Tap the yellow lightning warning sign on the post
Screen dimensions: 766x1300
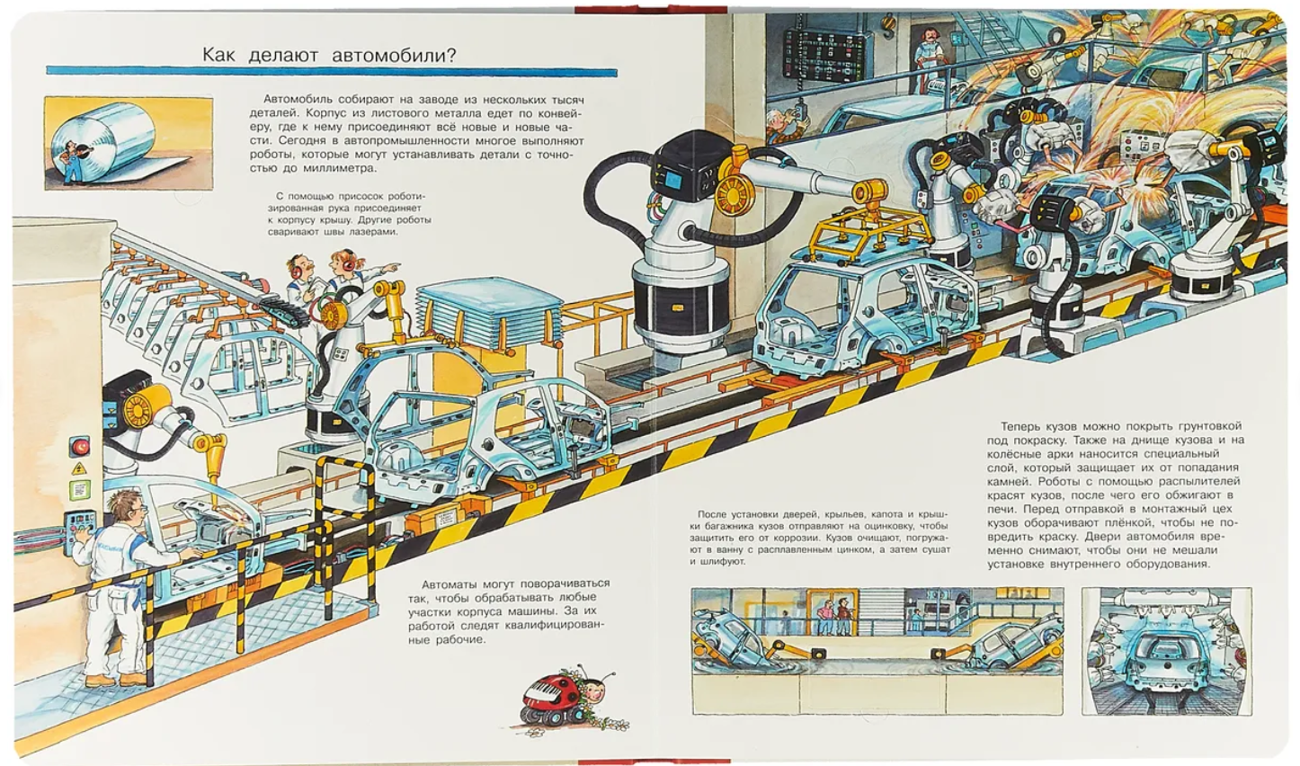click(x=77, y=468)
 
